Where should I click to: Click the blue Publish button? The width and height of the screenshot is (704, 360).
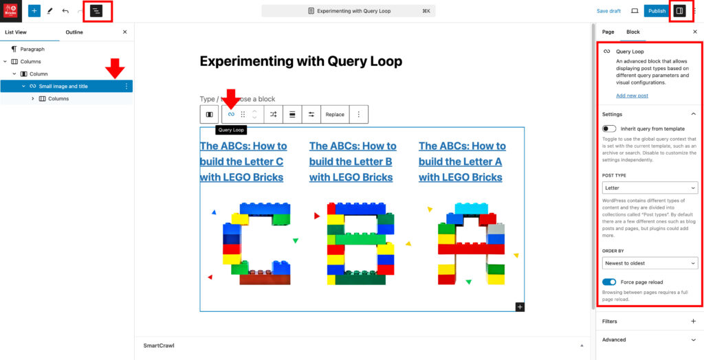(x=657, y=11)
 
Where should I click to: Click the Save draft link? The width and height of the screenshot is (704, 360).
(x=608, y=11)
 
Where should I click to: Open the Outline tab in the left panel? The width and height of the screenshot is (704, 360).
(x=74, y=32)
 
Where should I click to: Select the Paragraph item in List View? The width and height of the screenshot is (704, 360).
(x=32, y=49)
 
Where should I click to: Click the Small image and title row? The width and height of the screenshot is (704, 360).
(x=63, y=87)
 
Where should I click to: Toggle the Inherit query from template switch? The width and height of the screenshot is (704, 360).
(x=609, y=128)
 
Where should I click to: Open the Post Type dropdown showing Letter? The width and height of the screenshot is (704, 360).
(x=650, y=188)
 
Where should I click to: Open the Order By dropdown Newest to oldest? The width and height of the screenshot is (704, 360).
(x=650, y=263)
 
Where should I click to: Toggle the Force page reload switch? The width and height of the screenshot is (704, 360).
(x=609, y=282)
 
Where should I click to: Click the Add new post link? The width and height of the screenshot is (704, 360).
(x=632, y=95)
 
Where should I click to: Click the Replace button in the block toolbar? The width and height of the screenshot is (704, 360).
(x=335, y=115)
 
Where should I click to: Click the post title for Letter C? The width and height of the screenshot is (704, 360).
(x=243, y=161)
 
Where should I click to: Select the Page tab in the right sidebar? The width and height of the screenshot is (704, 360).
(x=608, y=32)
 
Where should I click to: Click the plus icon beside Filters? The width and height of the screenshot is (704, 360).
(x=693, y=322)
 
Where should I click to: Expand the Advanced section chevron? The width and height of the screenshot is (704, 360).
(x=693, y=339)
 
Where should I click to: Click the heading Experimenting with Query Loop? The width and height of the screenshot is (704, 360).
(x=300, y=61)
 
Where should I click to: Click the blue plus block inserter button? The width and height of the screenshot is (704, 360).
(x=34, y=11)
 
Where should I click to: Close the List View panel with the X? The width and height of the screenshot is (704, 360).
(x=124, y=32)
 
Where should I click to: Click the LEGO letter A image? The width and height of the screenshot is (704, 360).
(x=471, y=244)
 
